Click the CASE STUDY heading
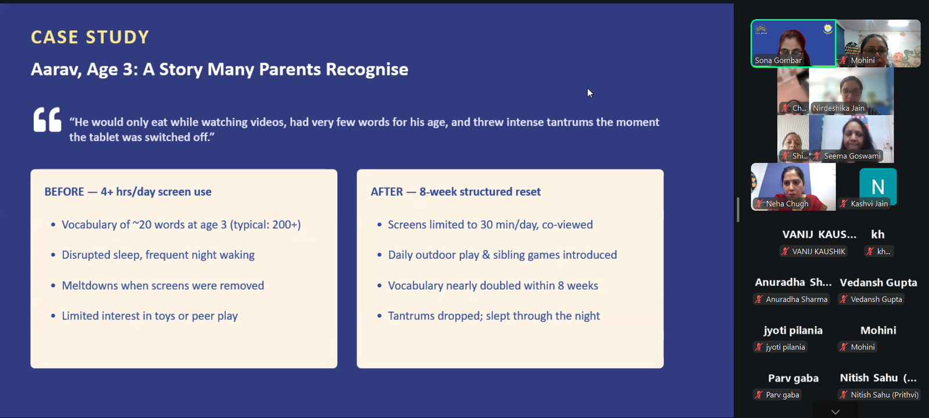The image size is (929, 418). tap(89, 37)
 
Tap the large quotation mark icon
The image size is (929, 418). tap(47, 120)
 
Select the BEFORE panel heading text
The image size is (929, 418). tap(128, 192)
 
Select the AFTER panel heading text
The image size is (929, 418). tap(455, 192)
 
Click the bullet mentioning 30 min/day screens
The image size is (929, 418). tap(485, 224)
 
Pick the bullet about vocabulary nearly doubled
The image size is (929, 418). tap(488, 285)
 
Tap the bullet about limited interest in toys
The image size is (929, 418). tap(145, 316)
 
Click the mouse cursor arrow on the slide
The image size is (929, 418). tap(589, 93)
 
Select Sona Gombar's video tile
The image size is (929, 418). tap(793, 43)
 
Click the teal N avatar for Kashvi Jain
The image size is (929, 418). tap(877, 186)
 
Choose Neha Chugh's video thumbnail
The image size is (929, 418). tap(793, 186)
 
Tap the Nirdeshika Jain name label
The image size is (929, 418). tap(838, 108)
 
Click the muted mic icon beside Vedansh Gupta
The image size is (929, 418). tap(844, 300)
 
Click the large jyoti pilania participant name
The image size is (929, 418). tap(793, 330)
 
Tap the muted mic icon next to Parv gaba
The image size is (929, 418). tap(758, 395)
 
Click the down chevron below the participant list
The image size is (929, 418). tap(836, 412)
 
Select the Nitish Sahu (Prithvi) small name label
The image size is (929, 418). tap(884, 395)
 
